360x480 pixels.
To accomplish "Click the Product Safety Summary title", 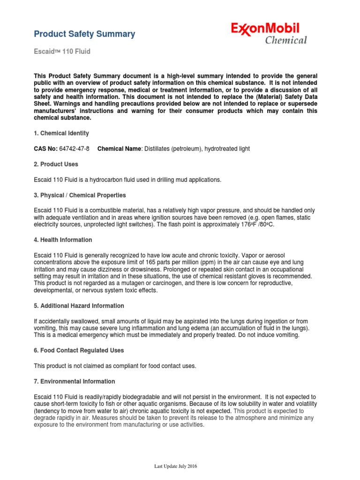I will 85,34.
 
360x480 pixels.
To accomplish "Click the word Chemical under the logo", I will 286,40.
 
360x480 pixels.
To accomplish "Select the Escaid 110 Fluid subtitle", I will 62,52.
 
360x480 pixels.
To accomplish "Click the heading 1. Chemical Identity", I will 61,134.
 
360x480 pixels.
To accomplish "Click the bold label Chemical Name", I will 119,149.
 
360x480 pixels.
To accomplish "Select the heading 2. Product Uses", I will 56,164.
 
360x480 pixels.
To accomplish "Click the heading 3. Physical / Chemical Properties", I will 80,195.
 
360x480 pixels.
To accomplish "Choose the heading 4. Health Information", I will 63,240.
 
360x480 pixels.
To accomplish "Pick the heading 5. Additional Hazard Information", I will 79,306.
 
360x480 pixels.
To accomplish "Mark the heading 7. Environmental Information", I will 75,382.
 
